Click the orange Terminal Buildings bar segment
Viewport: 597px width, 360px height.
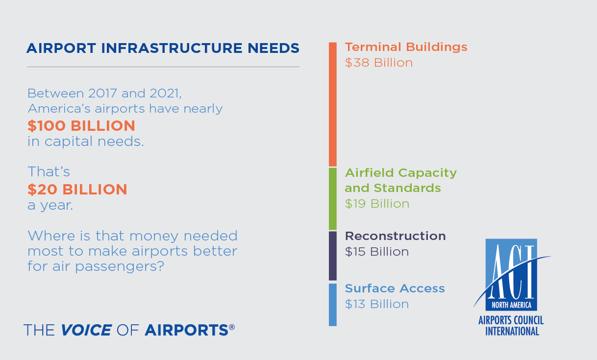pos(333,104)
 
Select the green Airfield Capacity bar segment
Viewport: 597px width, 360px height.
pos(333,199)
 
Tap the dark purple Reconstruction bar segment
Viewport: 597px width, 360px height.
pos(333,256)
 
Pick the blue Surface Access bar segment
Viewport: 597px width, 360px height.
pos(333,305)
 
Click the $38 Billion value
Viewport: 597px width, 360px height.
pos(379,63)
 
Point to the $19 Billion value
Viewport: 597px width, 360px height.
pos(377,204)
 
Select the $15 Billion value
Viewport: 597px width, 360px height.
pos(377,252)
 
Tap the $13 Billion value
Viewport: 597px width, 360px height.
pos(377,304)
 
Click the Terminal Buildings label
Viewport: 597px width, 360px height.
pos(406,47)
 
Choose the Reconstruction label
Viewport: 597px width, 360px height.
pos(395,236)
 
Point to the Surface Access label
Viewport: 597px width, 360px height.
pos(395,288)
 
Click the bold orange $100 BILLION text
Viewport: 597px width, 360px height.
pos(81,126)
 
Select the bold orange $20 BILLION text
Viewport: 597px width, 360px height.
pos(77,190)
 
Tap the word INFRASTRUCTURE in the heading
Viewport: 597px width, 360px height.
pos(172,48)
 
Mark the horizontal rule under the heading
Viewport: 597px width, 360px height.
pos(163,67)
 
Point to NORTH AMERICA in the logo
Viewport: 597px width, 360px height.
pos(511,305)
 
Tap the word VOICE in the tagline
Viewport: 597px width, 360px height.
pos(86,330)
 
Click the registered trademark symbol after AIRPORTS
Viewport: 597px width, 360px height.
pos(232,327)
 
